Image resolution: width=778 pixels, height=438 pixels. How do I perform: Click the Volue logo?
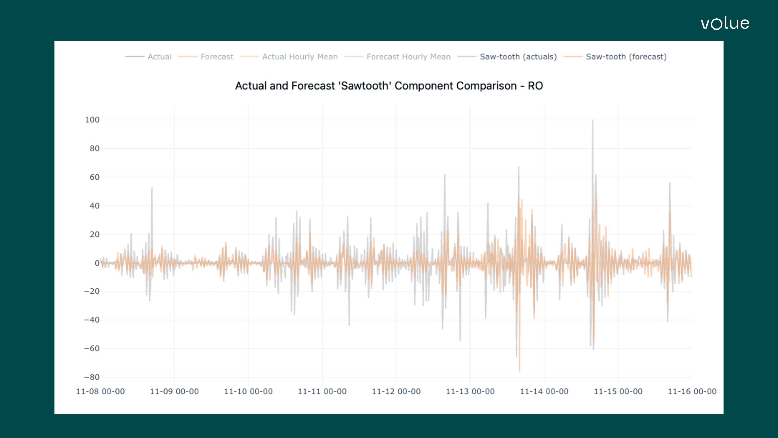point(725,23)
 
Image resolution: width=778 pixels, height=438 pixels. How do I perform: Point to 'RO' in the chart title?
point(535,86)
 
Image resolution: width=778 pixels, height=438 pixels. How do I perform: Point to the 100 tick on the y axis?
point(92,120)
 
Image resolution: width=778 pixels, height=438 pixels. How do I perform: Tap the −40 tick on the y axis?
point(92,320)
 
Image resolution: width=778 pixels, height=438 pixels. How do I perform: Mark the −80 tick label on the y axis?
point(92,377)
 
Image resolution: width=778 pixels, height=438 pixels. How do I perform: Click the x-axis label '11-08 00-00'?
point(100,392)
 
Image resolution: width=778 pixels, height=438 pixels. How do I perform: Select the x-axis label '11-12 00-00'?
point(396,392)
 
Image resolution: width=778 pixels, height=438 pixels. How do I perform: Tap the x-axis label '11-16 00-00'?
point(692,392)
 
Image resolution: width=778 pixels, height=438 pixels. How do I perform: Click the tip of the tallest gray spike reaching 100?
point(593,120)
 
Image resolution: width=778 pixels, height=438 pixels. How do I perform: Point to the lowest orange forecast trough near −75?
point(519,371)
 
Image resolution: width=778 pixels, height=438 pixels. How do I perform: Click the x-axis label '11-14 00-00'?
point(544,392)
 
